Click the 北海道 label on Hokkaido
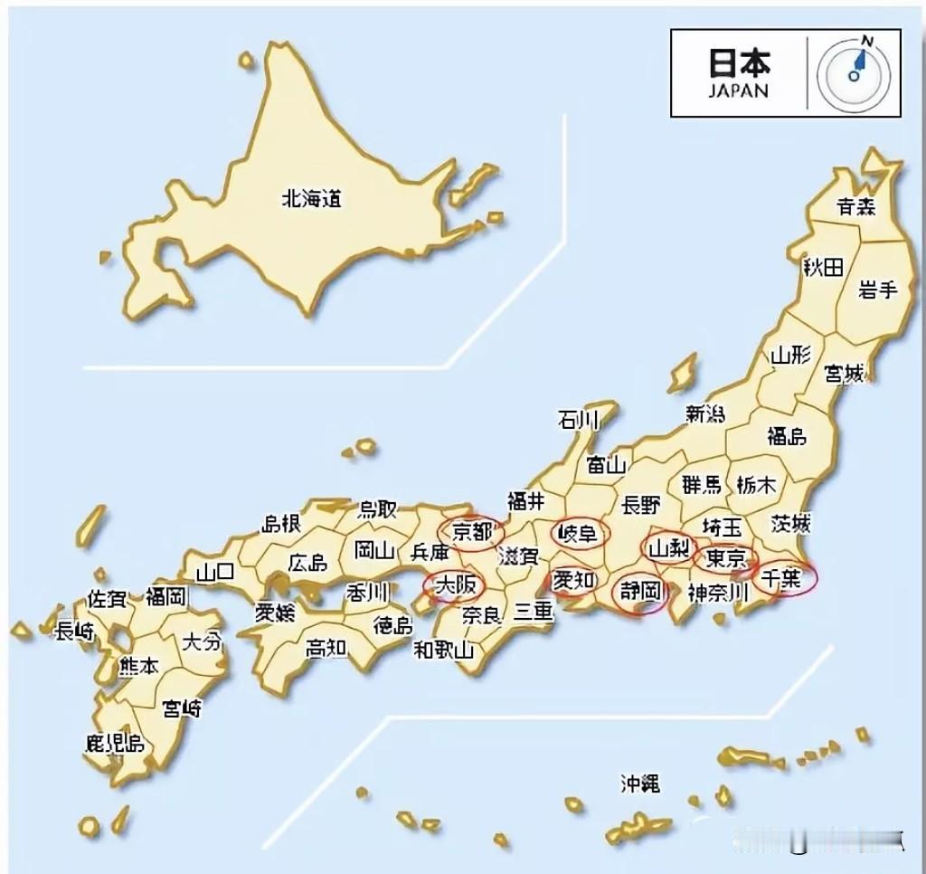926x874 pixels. click(x=312, y=199)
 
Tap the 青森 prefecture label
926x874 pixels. click(x=855, y=206)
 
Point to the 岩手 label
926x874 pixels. click(x=877, y=290)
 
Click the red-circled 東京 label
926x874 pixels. click(x=725, y=556)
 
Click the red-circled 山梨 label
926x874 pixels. click(x=669, y=547)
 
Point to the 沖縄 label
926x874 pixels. click(x=639, y=783)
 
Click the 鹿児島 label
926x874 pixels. click(x=114, y=745)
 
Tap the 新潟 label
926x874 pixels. click(x=704, y=414)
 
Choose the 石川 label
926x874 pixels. click(x=579, y=420)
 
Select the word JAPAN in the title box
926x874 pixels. click(x=738, y=90)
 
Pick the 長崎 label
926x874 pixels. click(x=74, y=632)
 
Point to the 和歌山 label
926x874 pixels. click(x=444, y=649)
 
